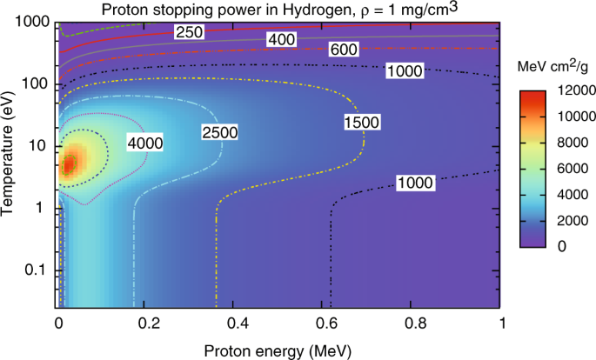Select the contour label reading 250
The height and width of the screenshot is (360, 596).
(188, 32)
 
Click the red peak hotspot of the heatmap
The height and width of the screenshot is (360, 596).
(69, 164)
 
